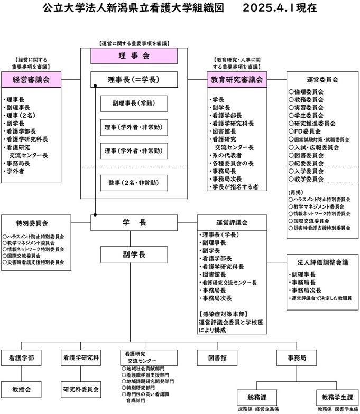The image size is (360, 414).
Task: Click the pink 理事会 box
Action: click(x=134, y=55)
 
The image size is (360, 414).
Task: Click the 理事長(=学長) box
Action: click(x=134, y=80)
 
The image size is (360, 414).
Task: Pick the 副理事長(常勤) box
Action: click(x=134, y=103)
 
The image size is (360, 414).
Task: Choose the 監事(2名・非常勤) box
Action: click(x=134, y=183)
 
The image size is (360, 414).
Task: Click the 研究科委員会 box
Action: click(x=81, y=390)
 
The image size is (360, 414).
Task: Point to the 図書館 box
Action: click(x=217, y=358)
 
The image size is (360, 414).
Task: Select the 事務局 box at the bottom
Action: click(x=297, y=358)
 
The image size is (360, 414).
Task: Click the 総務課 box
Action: click(x=259, y=396)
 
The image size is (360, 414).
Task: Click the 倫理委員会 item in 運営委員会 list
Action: click(x=309, y=92)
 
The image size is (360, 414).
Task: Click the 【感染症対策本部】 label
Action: click(x=221, y=314)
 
